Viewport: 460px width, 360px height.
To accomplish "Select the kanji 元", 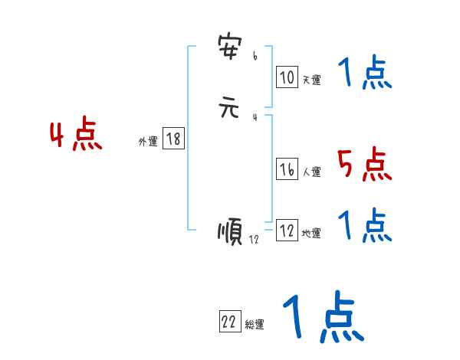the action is point(230,108).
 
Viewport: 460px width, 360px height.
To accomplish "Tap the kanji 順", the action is point(231,231).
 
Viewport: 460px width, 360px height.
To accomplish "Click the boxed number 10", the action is point(287,77).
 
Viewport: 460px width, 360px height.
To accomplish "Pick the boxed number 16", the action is point(287,170).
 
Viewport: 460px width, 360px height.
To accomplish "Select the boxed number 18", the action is point(173,139).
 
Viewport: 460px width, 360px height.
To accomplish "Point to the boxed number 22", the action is point(228,322).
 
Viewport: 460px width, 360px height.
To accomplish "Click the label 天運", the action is point(311,80).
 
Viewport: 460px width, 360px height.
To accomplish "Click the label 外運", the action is point(148,142).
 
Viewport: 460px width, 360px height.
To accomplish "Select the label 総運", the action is point(255,325).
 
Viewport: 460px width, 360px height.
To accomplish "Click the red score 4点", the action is point(76,136).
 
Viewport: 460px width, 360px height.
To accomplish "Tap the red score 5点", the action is point(364,165).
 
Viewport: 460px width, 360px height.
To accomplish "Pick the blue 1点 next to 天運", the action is point(364,74).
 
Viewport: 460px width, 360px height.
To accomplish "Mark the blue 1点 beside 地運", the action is point(364,225).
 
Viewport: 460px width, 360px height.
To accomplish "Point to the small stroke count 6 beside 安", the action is point(255,56).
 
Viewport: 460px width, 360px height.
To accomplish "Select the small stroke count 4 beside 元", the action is point(255,116).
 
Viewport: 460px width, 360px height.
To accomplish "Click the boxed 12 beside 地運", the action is point(287,231).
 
